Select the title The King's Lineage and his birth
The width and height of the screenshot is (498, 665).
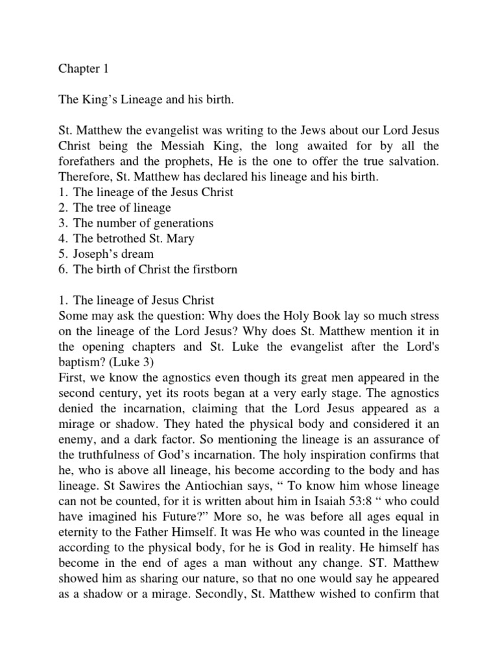point(145,101)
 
